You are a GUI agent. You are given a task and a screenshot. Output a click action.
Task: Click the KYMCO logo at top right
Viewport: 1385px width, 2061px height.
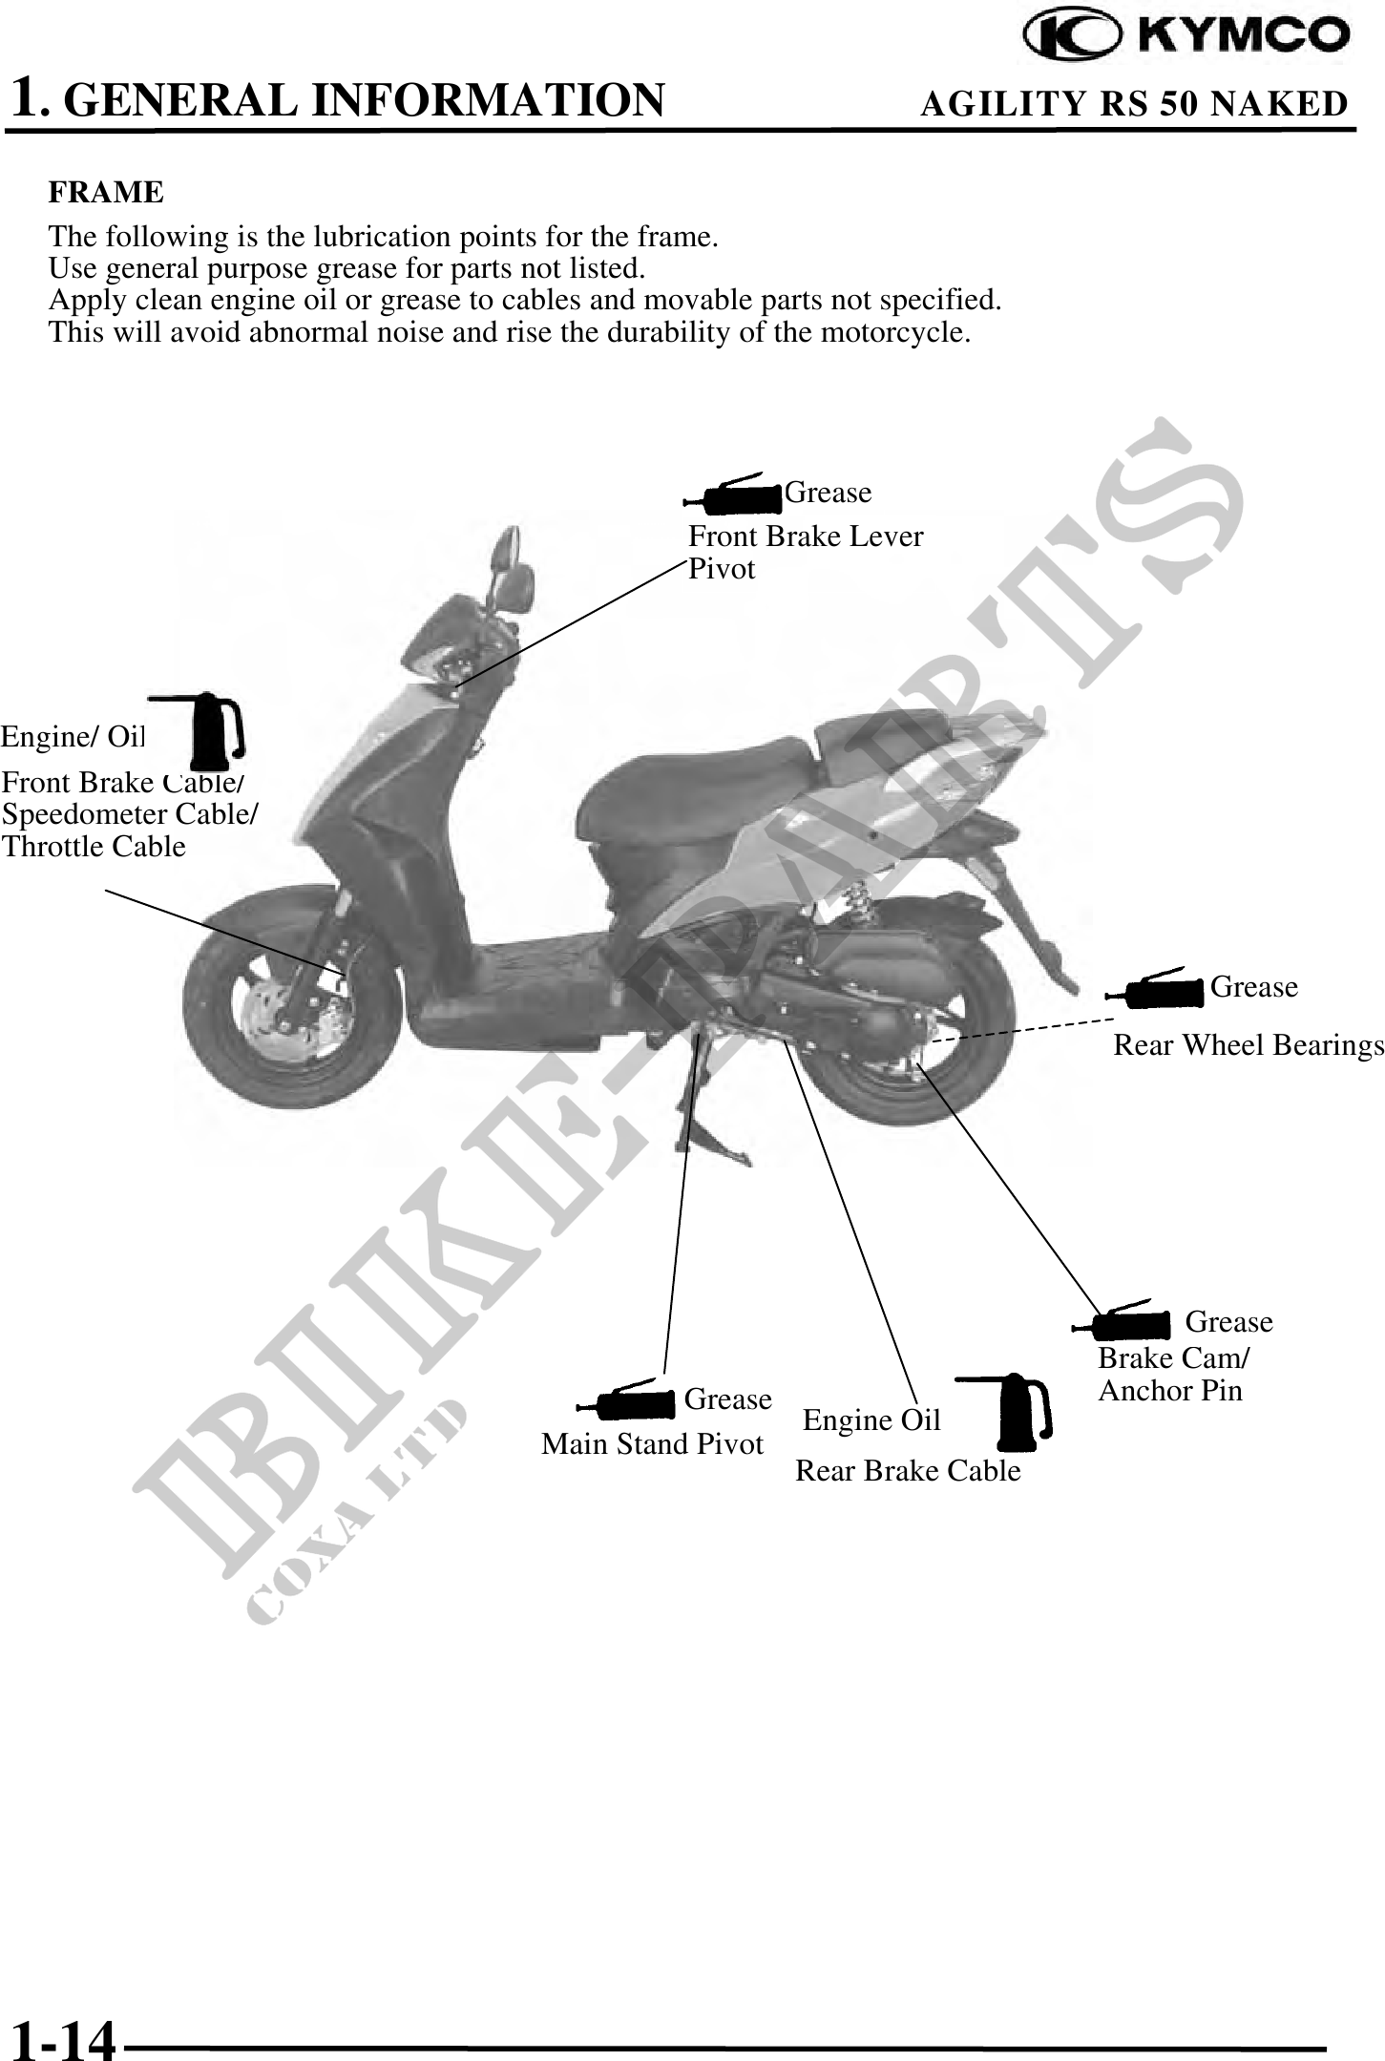1186,37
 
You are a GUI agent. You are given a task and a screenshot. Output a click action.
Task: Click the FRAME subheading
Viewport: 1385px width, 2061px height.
106,193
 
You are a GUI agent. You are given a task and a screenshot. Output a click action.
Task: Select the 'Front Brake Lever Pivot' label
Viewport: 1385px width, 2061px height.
805,553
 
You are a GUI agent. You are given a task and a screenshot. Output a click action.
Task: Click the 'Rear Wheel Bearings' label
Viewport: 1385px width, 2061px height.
1248,1046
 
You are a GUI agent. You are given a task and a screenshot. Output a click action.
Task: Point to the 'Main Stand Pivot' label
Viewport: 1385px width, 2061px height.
652,1444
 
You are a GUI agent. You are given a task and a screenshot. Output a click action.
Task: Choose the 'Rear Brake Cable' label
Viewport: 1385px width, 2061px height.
908,1471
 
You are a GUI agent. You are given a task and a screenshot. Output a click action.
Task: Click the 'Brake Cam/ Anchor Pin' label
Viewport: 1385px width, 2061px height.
1173,1374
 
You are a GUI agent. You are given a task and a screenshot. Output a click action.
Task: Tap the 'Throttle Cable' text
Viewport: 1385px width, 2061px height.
94,847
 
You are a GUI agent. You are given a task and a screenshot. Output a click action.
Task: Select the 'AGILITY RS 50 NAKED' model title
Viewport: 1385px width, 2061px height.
1133,104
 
